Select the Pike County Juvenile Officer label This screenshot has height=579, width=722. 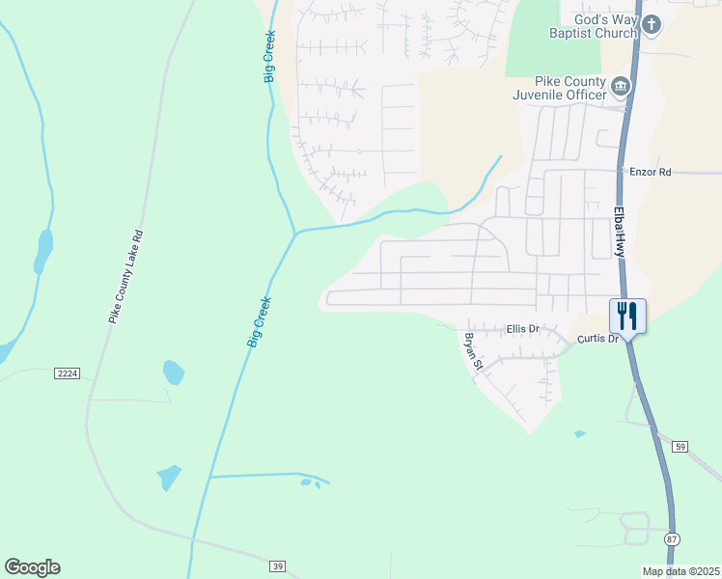tap(570, 88)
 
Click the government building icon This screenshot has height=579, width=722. tap(621, 89)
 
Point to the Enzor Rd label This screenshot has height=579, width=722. tap(650, 171)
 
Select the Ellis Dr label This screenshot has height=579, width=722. tap(522, 329)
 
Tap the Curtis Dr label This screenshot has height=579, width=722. tap(597, 339)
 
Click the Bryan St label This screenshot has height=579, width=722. tap(471, 351)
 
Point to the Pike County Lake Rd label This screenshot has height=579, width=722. tap(126, 276)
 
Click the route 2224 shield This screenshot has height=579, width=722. tap(67, 372)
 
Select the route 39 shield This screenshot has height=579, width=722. tap(278, 565)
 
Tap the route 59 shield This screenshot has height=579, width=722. tap(680, 447)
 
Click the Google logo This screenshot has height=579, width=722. tap(32, 567)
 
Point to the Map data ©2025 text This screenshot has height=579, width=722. tap(680, 571)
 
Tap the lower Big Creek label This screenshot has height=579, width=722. tap(260, 322)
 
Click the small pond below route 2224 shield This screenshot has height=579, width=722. tap(174, 372)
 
